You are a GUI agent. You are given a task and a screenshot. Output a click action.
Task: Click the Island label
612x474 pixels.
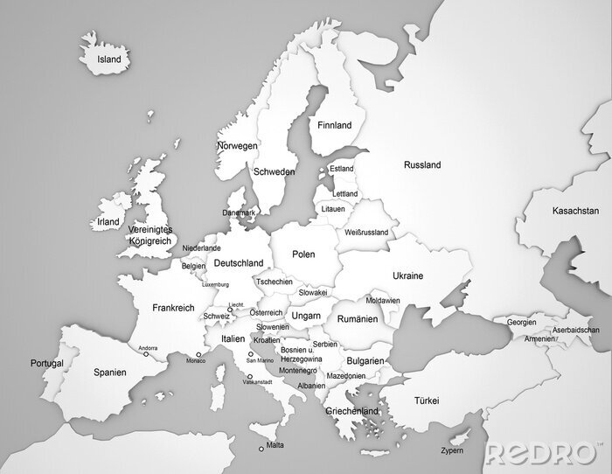pyautogui.click(x=109, y=59)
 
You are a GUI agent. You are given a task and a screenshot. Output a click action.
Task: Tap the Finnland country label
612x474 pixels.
pyautogui.click(x=335, y=126)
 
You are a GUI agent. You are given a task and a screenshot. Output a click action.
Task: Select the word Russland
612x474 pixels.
pyautogui.click(x=422, y=165)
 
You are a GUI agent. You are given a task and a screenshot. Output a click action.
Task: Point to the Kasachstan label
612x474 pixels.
pyautogui.click(x=575, y=212)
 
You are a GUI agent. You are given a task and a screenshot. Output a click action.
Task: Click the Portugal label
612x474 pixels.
pyautogui.click(x=47, y=363)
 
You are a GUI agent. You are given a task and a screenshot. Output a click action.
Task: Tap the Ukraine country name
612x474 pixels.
pyautogui.click(x=407, y=276)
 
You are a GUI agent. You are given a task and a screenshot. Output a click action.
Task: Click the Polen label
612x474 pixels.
pyautogui.click(x=303, y=254)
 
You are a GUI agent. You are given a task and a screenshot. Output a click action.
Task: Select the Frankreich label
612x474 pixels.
pyautogui.click(x=172, y=308)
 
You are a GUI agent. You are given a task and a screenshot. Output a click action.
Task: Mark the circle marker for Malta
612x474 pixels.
pyautogui.click(x=261, y=450)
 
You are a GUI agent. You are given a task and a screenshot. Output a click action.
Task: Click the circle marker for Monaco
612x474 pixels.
pyautogui.click(x=198, y=355)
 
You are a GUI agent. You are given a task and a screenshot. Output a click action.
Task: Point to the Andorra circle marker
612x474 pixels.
pyautogui.click(x=145, y=354)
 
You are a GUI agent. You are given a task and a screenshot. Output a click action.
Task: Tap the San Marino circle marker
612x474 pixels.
pyautogui.click(x=251, y=354)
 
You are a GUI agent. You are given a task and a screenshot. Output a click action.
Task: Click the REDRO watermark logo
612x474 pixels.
pyautogui.click(x=542, y=453)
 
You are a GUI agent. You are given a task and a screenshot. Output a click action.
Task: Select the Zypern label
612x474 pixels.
pyautogui.click(x=452, y=451)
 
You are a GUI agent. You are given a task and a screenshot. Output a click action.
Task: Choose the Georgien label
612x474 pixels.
pyautogui.click(x=521, y=322)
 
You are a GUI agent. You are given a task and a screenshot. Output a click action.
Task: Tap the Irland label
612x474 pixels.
pyautogui.click(x=108, y=222)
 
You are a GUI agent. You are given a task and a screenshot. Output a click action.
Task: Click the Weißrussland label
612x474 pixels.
pyautogui.click(x=366, y=234)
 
